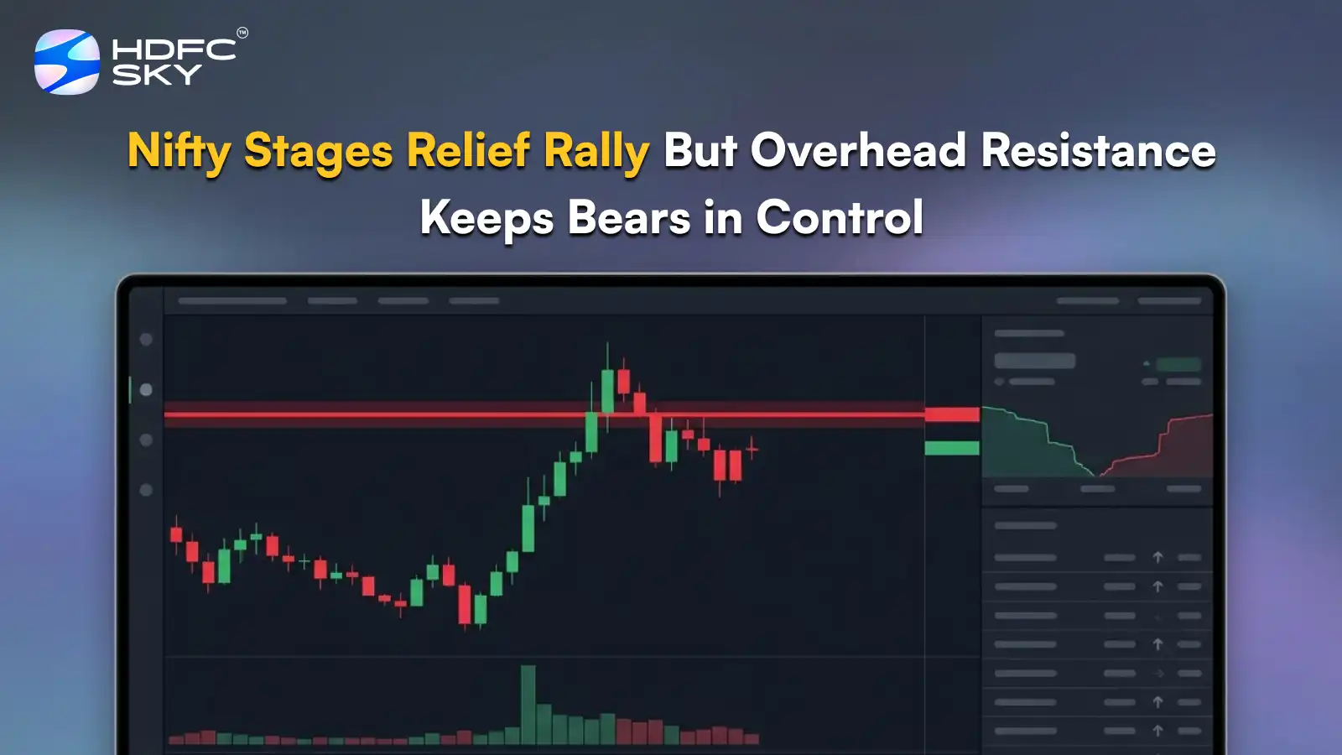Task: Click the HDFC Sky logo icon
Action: [x=66, y=62]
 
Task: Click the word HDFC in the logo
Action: [x=174, y=49]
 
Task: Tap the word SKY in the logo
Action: [x=157, y=75]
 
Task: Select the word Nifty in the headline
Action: [x=179, y=152]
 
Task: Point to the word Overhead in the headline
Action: [x=858, y=151]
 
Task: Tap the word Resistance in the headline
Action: [x=1098, y=151]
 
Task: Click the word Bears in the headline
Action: [x=628, y=217]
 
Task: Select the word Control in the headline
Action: [x=840, y=217]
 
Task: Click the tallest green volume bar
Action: [x=528, y=705]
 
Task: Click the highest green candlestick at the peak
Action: [x=607, y=390]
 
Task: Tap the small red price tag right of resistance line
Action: [x=952, y=414]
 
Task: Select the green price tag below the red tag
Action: [x=952, y=448]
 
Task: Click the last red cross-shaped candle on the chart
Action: [x=752, y=450]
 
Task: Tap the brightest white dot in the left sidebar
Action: [x=146, y=390]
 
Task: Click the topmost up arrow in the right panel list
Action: [x=1157, y=557]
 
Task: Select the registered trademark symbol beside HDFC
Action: [x=242, y=33]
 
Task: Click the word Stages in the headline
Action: [x=318, y=152]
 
